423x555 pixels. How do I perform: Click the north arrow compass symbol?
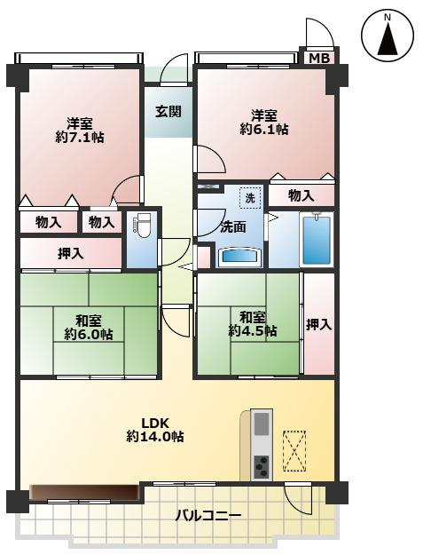(x=388, y=36)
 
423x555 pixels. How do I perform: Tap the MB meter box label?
(x=319, y=58)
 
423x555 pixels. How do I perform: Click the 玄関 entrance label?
(x=168, y=112)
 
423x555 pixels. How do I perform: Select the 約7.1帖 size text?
(x=80, y=137)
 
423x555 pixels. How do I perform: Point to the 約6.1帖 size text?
(x=264, y=129)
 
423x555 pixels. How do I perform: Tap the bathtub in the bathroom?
(x=317, y=239)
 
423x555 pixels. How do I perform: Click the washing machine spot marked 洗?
(x=250, y=198)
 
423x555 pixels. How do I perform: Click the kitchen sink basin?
(x=262, y=424)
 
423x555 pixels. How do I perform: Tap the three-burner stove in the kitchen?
(x=262, y=466)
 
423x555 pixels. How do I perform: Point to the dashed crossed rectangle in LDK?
(x=294, y=451)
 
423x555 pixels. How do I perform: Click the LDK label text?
(x=156, y=423)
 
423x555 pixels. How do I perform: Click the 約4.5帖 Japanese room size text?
(x=253, y=331)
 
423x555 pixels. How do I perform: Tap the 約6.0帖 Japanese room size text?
(x=89, y=334)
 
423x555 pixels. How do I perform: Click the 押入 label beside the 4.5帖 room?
(x=318, y=325)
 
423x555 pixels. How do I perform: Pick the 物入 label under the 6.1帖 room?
(x=302, y=195)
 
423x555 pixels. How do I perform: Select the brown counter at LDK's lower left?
(x=84, y=492)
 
